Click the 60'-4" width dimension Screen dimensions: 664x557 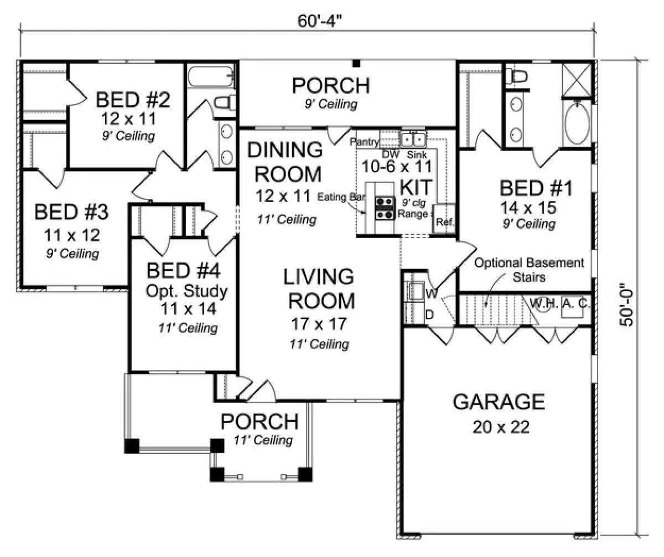coord(320,22)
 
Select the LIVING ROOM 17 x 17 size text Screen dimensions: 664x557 coord(319,324)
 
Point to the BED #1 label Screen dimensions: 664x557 coord(536,188)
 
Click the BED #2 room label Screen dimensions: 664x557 coord(133,100)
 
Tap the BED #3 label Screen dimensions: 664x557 coord(71,212)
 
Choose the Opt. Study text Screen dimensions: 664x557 coord(186,291)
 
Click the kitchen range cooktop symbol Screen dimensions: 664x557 coord(385,208)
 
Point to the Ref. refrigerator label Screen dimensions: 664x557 coord(445,222)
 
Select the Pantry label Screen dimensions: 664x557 coord(365,141)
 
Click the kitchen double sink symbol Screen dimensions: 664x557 coord(413,139)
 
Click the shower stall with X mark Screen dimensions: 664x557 coord(577,80)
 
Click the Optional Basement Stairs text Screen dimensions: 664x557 coord(529,270)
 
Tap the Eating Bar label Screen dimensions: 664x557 coord(341,197)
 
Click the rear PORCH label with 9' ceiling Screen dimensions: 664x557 coord(331,85)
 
